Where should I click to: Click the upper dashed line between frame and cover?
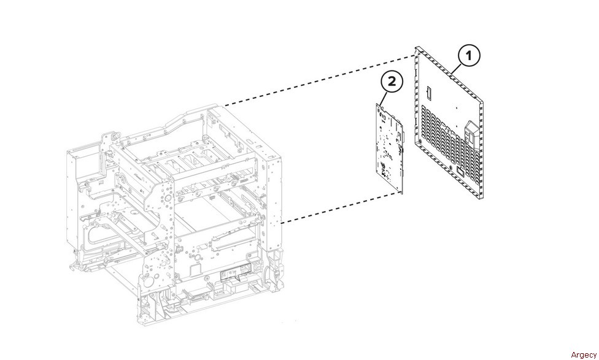pyautogui.click(x=319, y=79)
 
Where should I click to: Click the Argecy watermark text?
pyautogui.click(x=583, y=354)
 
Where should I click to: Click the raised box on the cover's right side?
pyautogui.click(x=473, y=131)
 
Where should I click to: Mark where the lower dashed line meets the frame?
pyautogui.click(x=281, y=224)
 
